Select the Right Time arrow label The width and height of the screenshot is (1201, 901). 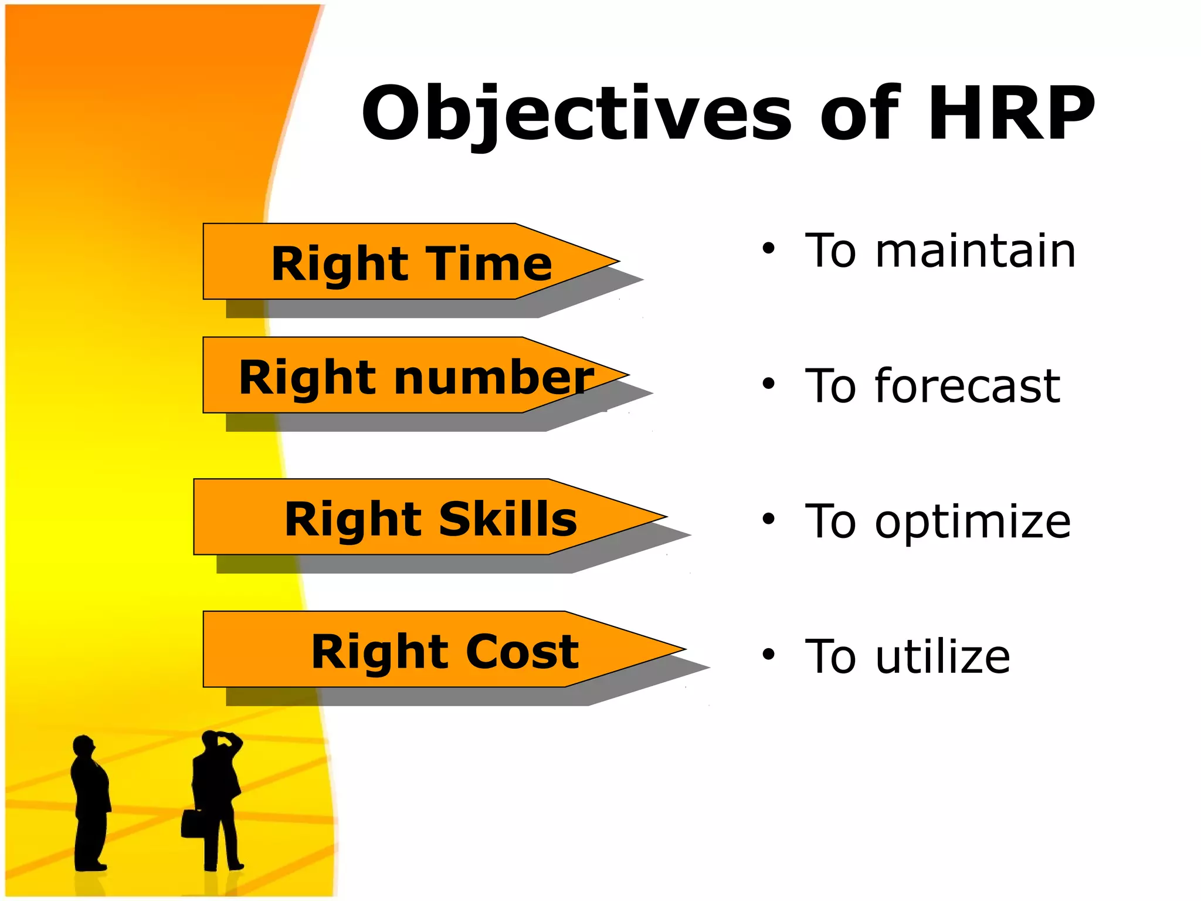click(412, 264)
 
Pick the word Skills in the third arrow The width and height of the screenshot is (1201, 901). click(508, 519)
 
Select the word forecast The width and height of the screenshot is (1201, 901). click(968, 386)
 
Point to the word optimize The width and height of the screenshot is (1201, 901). click(973, 521)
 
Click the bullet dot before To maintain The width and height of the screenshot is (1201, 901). click(768, 249)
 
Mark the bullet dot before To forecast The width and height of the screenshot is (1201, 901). click(768, 384)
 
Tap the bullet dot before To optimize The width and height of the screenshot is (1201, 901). click(768, 519)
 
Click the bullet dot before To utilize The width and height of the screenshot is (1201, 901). click(768, 653)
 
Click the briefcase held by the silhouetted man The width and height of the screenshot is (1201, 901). click(192, 823)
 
